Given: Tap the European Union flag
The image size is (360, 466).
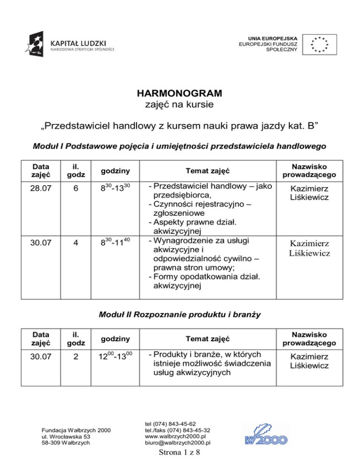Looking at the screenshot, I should (320, 43).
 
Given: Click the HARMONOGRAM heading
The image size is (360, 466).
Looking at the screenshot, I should (180, 93).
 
